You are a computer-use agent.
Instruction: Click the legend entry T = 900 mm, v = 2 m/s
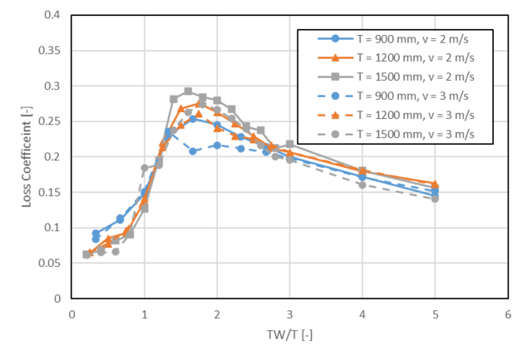point(396,39)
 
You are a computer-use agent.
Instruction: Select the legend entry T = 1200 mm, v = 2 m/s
point(396,57)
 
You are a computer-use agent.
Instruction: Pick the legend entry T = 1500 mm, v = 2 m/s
point(396,76)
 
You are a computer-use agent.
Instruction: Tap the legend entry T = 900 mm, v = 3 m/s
point(396,96)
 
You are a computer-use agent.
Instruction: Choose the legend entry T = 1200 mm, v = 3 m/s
point(396,114)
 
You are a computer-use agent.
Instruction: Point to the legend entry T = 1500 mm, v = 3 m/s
point(396,133)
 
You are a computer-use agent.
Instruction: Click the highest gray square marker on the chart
point(188,91)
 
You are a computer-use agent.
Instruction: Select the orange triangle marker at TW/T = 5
point(435,184)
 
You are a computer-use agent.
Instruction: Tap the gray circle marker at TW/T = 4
point(362,185)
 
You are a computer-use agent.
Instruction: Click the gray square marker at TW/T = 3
point(289,145)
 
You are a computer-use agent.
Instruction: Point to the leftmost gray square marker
point(86,254)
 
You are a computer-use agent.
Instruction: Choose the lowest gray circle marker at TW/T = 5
point(435,199)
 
